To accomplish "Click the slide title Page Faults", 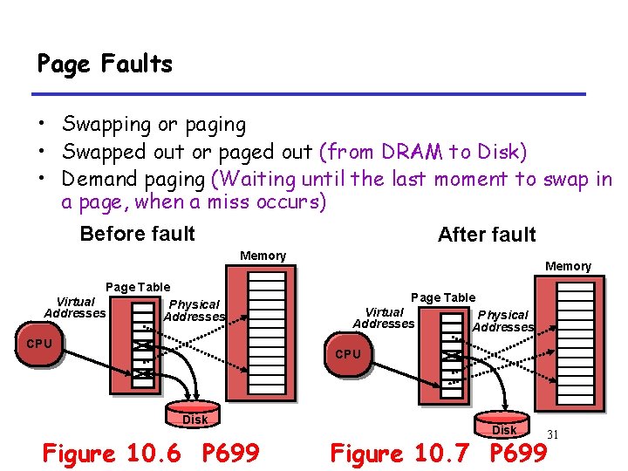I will (x=105, y=64).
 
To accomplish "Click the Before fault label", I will (x=137, y=234).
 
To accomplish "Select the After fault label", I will (x=487, y=235).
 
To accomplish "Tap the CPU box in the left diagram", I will (x=39, y=344).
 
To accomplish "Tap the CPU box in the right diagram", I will (x=348, y=354).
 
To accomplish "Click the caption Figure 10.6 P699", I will (x=151, y=453).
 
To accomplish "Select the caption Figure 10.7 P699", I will (x=437, y=454).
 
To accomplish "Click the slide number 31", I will (x=552, y=434).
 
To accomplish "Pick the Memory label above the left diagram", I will (x=263, y=256).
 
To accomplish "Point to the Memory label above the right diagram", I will (x=568, y=266).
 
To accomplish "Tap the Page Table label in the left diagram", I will (x=138, y=287).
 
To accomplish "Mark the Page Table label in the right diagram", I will (x=442, y=297).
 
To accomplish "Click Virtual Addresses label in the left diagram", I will (x=74, y=307).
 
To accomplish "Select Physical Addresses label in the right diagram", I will (x=503, y=321).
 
